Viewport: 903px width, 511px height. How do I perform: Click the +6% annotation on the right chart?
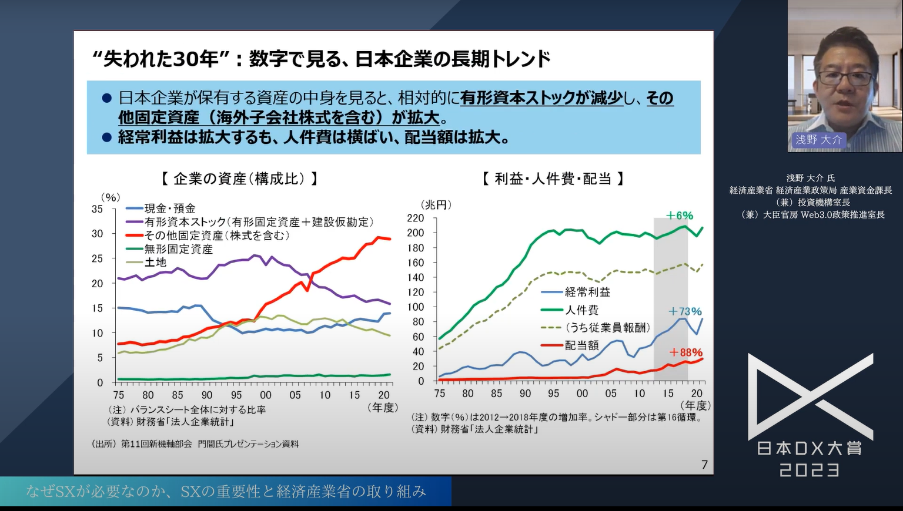[x=679, y=216]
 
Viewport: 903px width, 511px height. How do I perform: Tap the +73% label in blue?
[x=685, y=311]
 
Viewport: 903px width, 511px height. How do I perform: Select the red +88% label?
[x=685, y=352]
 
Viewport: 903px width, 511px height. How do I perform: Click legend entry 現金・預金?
[x=170, y=209]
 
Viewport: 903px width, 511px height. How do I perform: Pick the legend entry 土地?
[x=155, y=263]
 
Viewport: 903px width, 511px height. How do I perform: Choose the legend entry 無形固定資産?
[x=178, y=249]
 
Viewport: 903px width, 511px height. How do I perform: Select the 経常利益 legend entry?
[x=587, y=292]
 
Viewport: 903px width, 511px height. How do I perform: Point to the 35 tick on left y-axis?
[x=97, y=209]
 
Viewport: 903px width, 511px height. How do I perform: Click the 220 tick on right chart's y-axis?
[x=415, y=218]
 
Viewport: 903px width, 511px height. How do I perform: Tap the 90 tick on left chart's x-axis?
[x=207, y=395]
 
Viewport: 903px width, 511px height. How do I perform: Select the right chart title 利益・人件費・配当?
[x=553, y=179]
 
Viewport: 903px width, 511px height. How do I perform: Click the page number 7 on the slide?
[x=704, y=465]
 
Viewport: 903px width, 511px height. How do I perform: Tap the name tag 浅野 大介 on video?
[x=818, y=140]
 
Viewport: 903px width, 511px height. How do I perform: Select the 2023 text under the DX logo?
[x=810, y=470]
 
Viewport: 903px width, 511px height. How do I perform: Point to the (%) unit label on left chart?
[x=110, y=197]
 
